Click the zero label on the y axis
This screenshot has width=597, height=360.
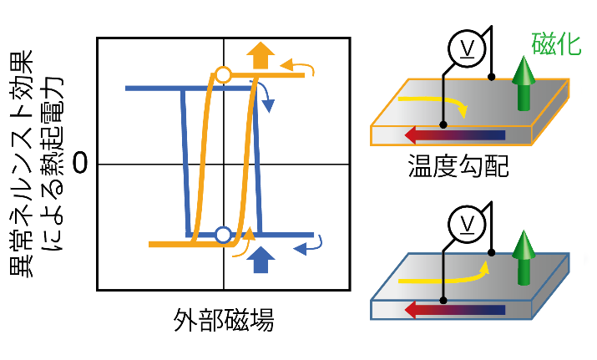click(x=81, y=164)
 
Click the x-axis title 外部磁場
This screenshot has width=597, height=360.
click(x=223, y=321)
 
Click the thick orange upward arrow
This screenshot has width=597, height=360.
click(x=261, y=57)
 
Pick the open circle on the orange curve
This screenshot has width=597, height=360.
click(x=223, y=75)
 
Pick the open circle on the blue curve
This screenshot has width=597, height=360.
click(x=222, y=235)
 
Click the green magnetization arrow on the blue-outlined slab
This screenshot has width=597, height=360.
click(x=524, y=256)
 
